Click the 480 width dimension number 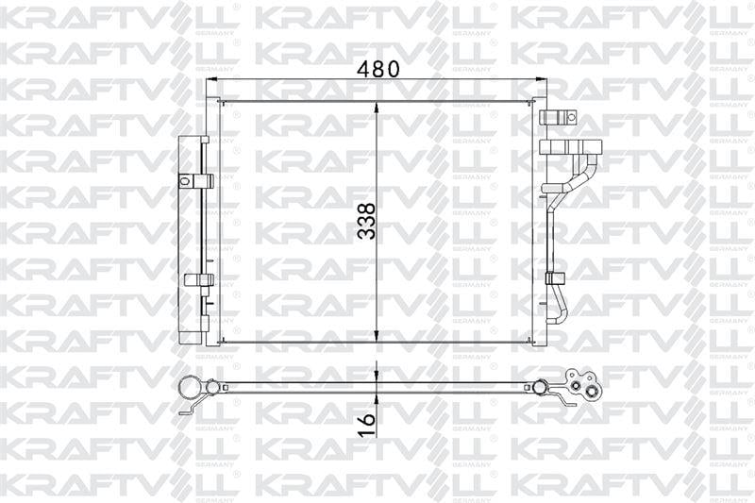pos(378,69)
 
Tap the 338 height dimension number pos(367,221)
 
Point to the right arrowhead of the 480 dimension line pos(539,79)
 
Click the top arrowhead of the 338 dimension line pos(377,108)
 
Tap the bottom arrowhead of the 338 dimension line pos(377,336)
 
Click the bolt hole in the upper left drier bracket pos(183,181)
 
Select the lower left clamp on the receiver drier pos(198,278)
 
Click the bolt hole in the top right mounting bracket pos(571,117)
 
